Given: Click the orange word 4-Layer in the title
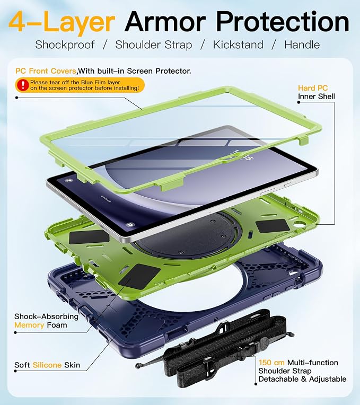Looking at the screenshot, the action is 62,22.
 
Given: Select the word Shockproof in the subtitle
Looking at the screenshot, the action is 65,45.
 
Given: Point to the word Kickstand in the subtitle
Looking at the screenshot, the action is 238,45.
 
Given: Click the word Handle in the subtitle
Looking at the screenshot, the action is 302,45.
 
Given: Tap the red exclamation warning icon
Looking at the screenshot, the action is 23,85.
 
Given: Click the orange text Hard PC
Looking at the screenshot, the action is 313,88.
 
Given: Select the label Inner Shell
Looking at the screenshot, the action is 317,96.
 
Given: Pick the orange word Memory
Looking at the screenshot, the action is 29,325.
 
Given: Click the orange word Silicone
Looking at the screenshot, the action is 47,365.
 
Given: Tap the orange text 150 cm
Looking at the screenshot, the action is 271,363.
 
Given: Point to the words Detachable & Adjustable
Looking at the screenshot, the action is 302,379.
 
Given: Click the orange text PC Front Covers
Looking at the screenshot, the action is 46,71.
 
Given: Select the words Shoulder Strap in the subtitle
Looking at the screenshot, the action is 154,45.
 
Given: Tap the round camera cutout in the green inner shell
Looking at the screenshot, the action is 299,225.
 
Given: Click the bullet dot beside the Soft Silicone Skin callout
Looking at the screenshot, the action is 15,371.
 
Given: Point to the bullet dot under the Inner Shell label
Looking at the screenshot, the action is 299,102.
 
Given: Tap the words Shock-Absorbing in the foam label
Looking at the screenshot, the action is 47,316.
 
